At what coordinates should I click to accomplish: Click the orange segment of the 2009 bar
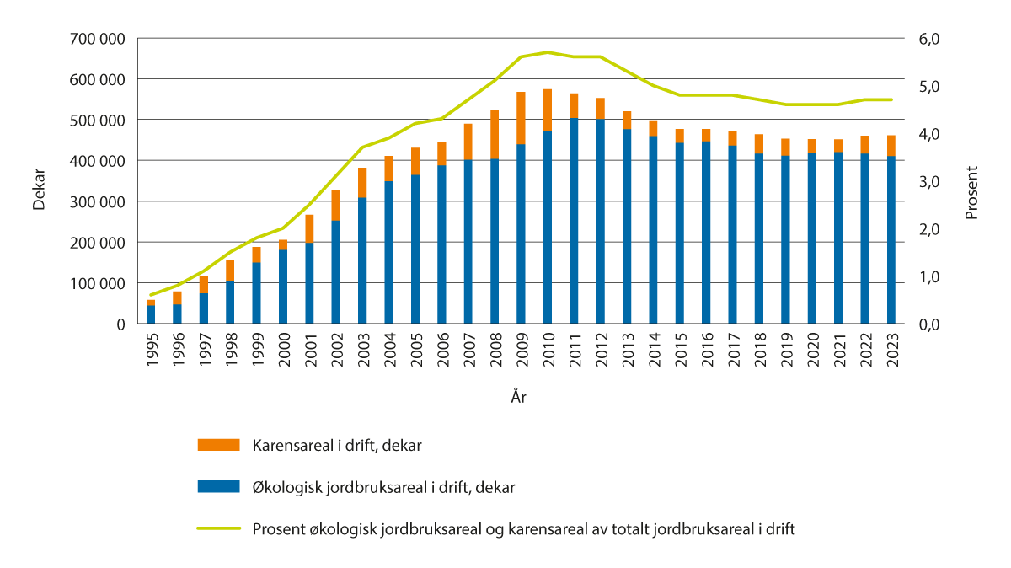tap(522, 118)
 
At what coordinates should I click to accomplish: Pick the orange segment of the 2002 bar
tap(335, 206)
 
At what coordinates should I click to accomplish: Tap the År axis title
tap(519, 396)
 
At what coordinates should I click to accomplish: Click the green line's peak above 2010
tap(548, 52)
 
